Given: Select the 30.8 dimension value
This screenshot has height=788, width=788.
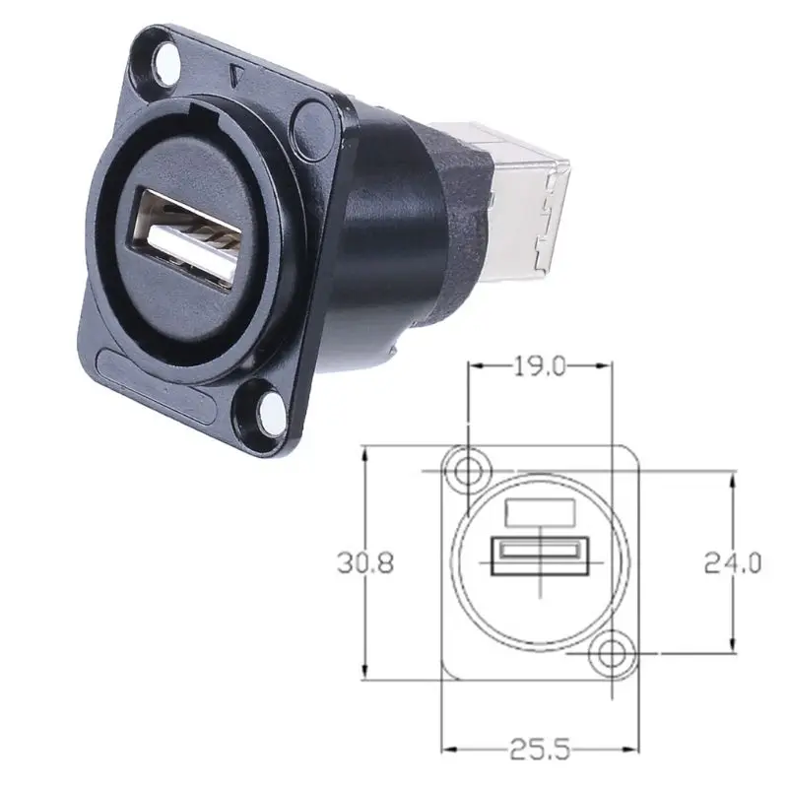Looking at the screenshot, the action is pos(365,562).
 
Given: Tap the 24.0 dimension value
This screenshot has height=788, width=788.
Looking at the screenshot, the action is pos(732,562).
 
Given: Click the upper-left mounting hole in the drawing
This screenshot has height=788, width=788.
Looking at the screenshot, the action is pos(467,472).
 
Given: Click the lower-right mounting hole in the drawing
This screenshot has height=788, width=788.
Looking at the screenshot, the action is pos(612,654).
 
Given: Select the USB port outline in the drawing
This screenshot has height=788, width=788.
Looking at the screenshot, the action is pos(540,556).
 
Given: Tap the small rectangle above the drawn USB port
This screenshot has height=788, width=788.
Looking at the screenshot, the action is pos(540,512).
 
